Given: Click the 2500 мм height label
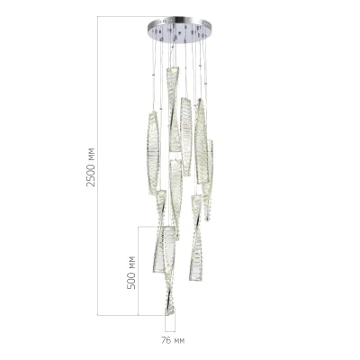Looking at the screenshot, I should [91, 166].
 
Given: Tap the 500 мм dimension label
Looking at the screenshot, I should [131, 271].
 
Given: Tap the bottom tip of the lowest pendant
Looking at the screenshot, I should [168, 314].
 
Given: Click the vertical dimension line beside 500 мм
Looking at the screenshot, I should [139, 270].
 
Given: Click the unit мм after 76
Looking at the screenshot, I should [178, 341].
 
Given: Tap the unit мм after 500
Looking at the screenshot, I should [131, 260].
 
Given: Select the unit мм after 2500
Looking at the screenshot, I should [91, 153].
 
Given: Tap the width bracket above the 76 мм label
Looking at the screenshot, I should [170, 329].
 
